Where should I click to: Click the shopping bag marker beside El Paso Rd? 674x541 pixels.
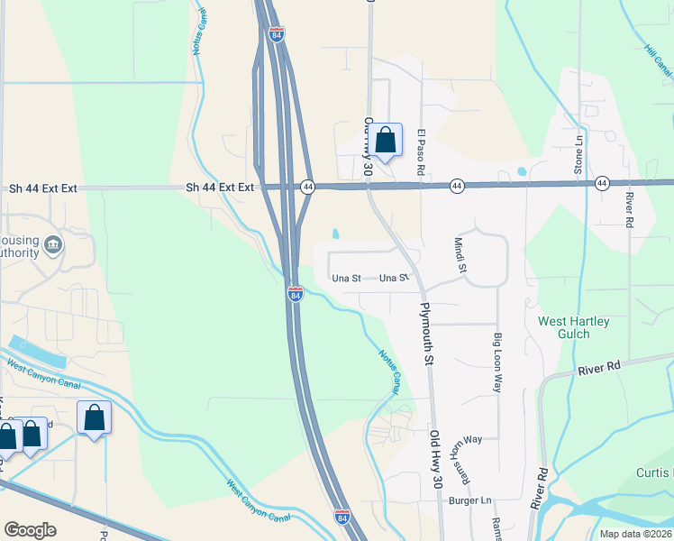(385, 141)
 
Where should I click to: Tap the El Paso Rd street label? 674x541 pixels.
(421, 151)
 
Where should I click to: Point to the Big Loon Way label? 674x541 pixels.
(496, 362)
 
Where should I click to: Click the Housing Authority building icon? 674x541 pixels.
(53, 244)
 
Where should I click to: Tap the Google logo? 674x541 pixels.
(30, 530)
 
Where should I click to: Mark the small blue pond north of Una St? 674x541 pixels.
(336, 234)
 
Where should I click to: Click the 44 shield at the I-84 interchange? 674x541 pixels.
(308, 187)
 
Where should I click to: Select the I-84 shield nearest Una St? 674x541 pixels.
(296, 294)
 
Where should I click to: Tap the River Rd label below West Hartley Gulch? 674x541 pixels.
(600, 367)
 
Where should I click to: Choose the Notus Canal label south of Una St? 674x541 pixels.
(389, 371)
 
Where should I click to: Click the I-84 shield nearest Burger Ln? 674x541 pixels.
(342, 517)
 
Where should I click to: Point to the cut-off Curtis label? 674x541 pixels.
(655, 473)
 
